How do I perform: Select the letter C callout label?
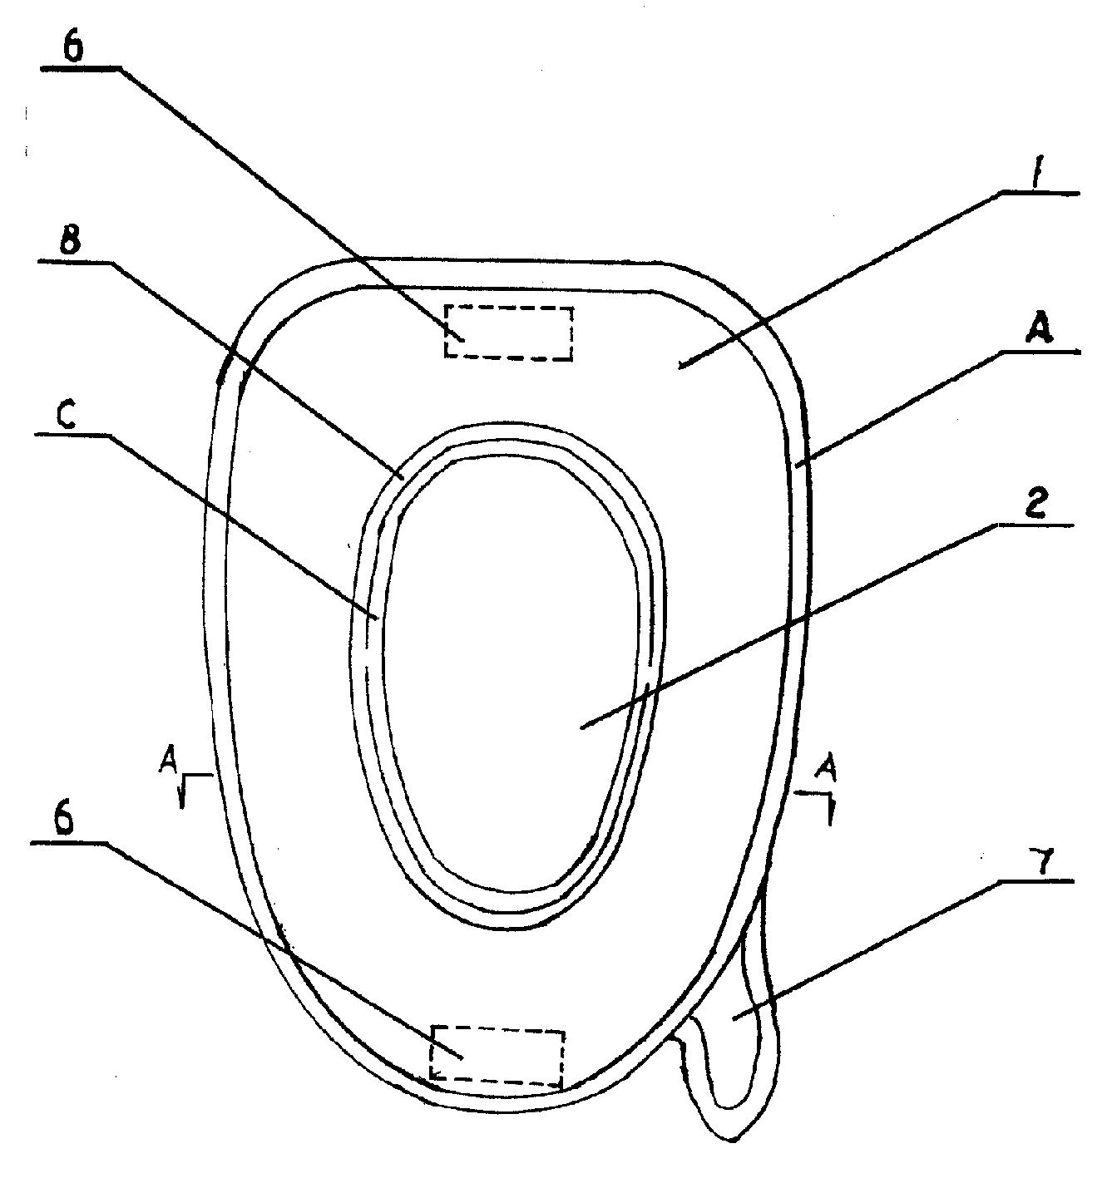point(66,417)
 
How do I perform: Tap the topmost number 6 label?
point(73,49)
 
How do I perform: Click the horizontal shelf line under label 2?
point(1035,525)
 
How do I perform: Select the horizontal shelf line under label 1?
point(1040,192)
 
